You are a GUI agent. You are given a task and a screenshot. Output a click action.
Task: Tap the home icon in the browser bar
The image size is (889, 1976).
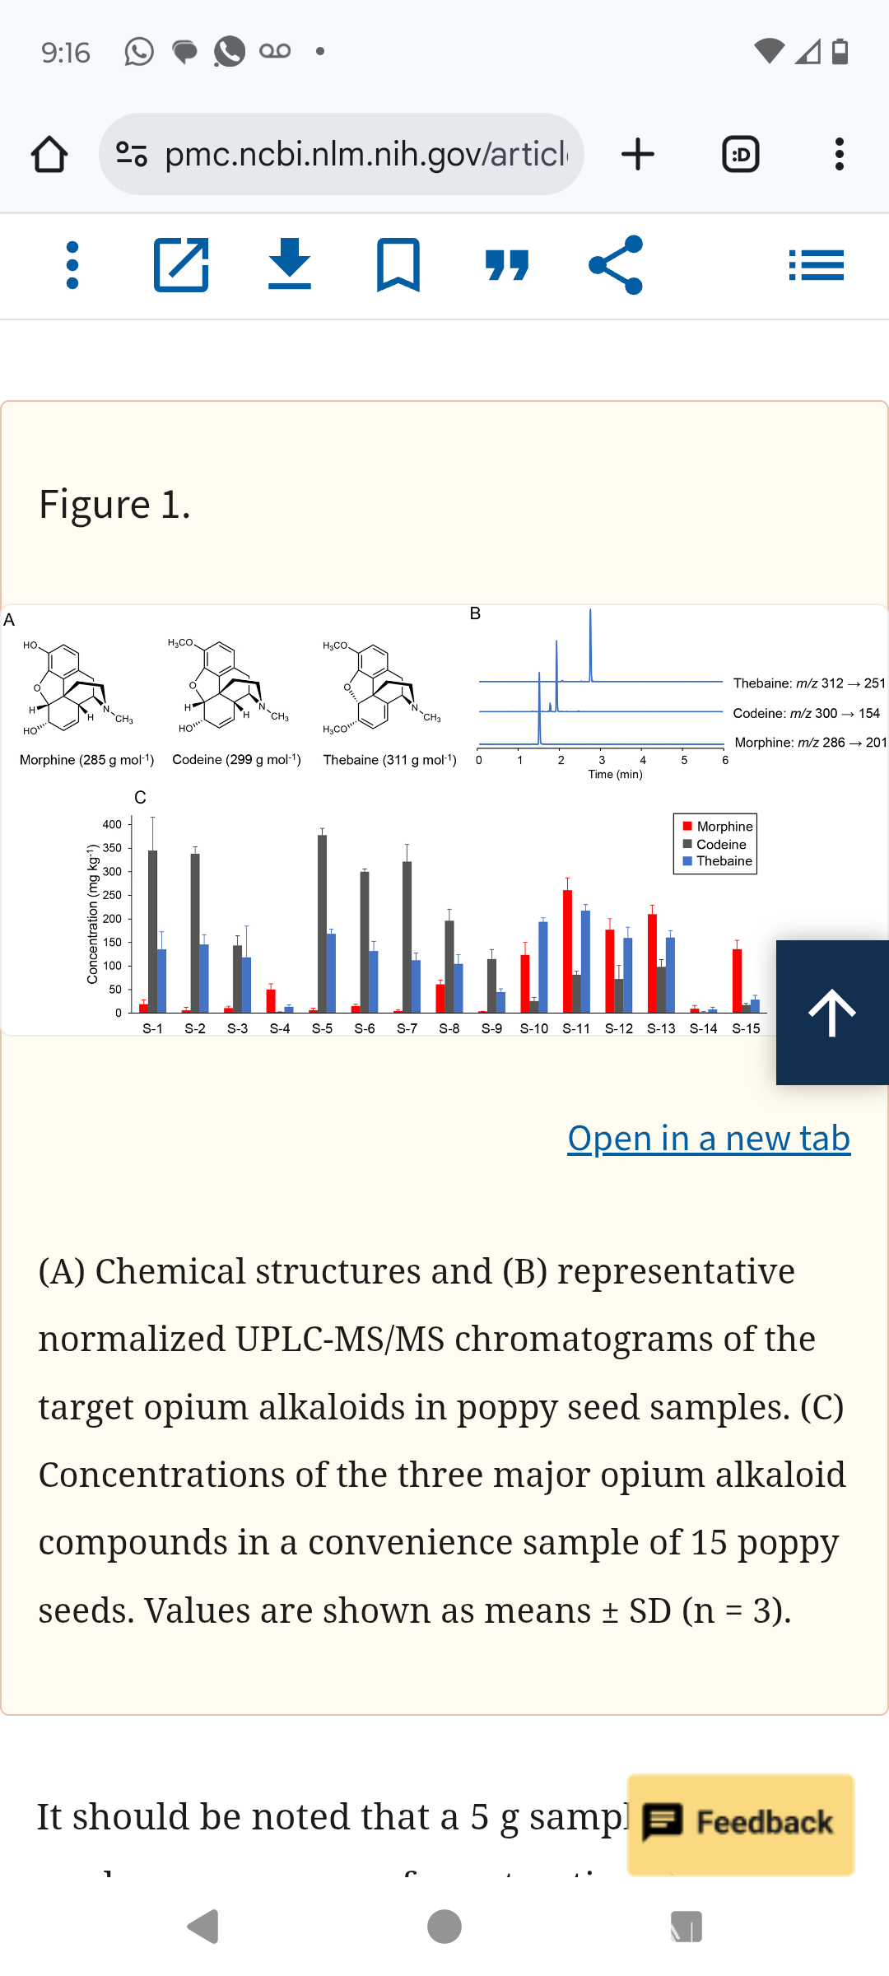[49, 154]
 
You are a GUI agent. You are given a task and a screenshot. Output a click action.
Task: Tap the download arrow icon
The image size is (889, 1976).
[290, 265]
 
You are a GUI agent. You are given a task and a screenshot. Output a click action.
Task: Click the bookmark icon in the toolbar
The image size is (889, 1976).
[398, 265]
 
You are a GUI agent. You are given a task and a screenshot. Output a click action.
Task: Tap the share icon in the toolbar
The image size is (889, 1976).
[616, 265]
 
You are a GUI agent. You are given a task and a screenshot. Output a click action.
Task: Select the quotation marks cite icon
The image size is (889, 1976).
[507, 265]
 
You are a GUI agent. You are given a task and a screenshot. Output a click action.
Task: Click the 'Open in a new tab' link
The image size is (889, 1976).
[709, 1139]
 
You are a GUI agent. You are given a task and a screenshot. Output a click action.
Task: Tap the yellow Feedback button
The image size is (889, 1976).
[741, 1824]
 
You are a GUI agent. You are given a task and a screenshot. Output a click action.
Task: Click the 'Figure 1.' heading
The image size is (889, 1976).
[114, 504]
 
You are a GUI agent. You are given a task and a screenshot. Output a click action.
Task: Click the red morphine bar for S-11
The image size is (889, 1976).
[567, 951]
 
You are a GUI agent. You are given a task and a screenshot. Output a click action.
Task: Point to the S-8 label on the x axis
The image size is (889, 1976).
[449, 1028]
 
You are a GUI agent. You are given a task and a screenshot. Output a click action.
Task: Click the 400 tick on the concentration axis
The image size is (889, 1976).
[112, 824]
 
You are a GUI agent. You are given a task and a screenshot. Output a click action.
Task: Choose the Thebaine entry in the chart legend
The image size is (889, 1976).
[724, 861]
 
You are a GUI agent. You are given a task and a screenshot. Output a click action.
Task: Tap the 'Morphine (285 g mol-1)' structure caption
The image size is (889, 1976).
[86, 760]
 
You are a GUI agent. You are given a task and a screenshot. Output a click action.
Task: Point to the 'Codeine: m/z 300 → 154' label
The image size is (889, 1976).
[806, 713]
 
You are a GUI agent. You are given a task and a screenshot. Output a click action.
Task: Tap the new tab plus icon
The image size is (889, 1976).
[638, 154]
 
